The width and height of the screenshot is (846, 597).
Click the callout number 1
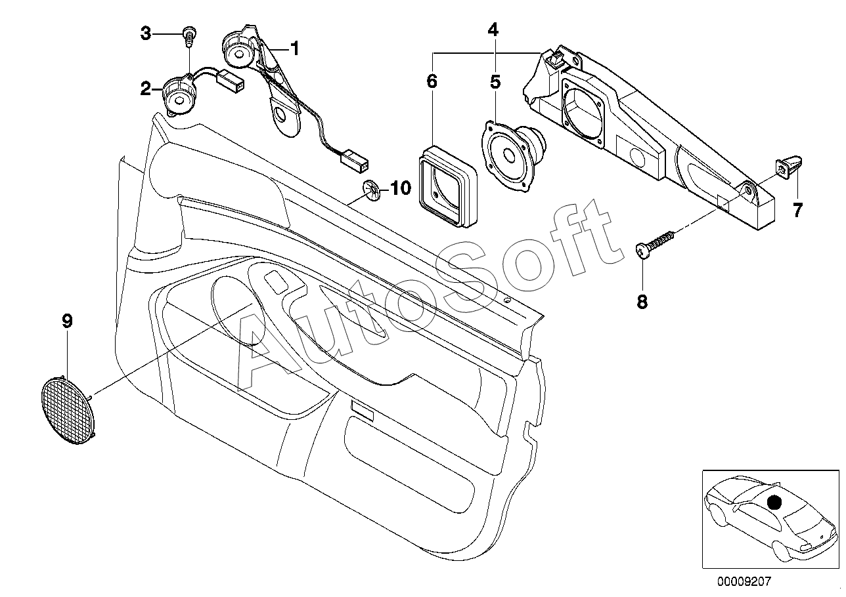tap(294, 49)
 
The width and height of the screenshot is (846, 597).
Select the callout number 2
tap(146, 89)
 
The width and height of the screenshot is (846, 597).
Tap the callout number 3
tap(146, 33)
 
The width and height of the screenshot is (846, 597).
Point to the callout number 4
tap(493, 29)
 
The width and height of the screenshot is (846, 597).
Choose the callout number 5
tap(495, 82)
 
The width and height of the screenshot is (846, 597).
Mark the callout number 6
tap(432, 81)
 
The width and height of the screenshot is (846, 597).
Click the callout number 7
tap(797, 210)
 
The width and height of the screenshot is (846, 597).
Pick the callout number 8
tap(642, 302)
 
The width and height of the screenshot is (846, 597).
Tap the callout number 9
tap(67, 321)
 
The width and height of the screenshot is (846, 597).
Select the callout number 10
tap(401, 188)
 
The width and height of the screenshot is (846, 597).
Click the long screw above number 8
tap(654, 245)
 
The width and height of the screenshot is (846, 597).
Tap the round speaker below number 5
tap(514, 155)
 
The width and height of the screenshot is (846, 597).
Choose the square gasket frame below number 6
tap(448, 186)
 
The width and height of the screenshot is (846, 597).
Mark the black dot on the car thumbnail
tap(774, 502)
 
